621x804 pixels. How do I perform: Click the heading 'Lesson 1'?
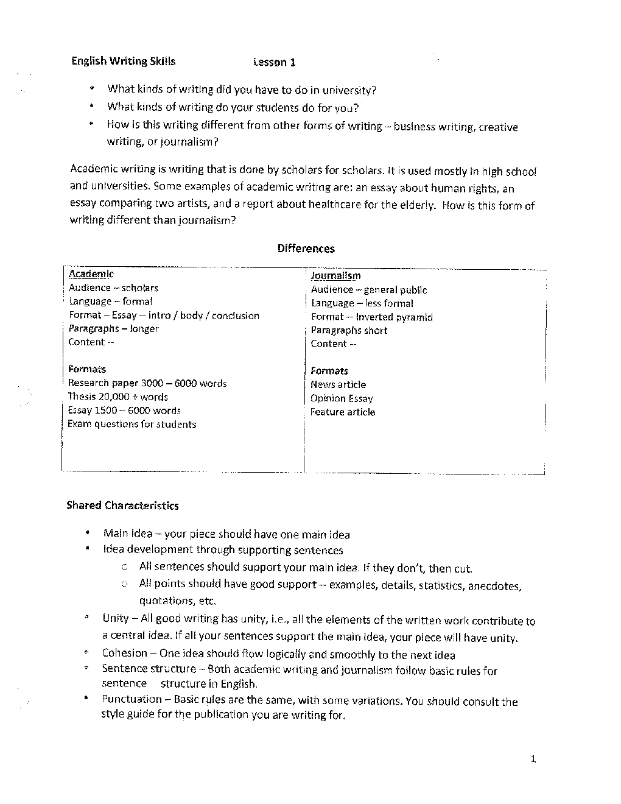click(x=274, y=62)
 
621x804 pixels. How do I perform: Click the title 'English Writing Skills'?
click(x=123, y=61)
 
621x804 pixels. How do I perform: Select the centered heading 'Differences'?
click(x=306, y=249)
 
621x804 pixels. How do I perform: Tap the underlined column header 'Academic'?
click(x=91, y=274)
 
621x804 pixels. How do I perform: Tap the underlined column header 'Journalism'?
click(x=335, y=276)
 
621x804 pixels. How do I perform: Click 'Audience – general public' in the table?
click(x=368, y=290)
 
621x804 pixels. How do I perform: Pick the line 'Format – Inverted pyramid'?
click(x=371, y=317)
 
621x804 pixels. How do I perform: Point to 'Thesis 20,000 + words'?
click(x=118, y=397)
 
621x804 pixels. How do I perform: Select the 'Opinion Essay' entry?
click(x=341, y=398)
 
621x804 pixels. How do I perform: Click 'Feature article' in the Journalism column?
click(x=342, y=412)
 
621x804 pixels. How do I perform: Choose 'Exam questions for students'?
click(x=132, y=424)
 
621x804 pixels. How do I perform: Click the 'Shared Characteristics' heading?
click(x=122, y=506)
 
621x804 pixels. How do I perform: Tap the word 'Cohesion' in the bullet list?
click(x=124, y=653)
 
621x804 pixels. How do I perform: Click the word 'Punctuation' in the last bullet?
click(x=132, y=699)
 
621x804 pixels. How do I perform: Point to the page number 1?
click(x=533, y=759)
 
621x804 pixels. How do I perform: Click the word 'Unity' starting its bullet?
click(x=116, y=618)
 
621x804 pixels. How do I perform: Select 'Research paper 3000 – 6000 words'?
click(x=147, y=383)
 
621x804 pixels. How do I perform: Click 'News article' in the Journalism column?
click(x=338, y=384)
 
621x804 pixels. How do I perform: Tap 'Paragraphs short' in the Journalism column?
click(x=349, y=330)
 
